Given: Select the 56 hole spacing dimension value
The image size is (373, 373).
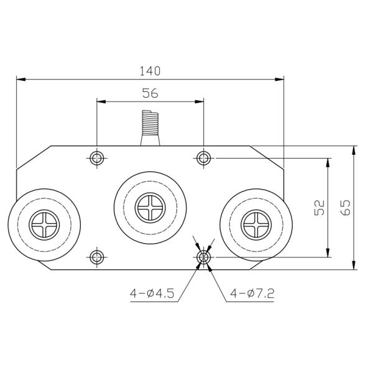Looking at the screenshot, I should pyautogui.click(x=150, y=93).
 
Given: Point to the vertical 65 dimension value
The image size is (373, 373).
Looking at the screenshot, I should pyautogui.click(x=346, y=208).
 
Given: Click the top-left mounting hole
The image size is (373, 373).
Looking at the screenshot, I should pyautogui.click(x=96, y=158).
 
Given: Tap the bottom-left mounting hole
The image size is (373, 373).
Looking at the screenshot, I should pyautogui.click(x=96, y=257).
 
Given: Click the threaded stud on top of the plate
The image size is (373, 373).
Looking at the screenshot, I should pyautogui.click(x=150, y=124).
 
